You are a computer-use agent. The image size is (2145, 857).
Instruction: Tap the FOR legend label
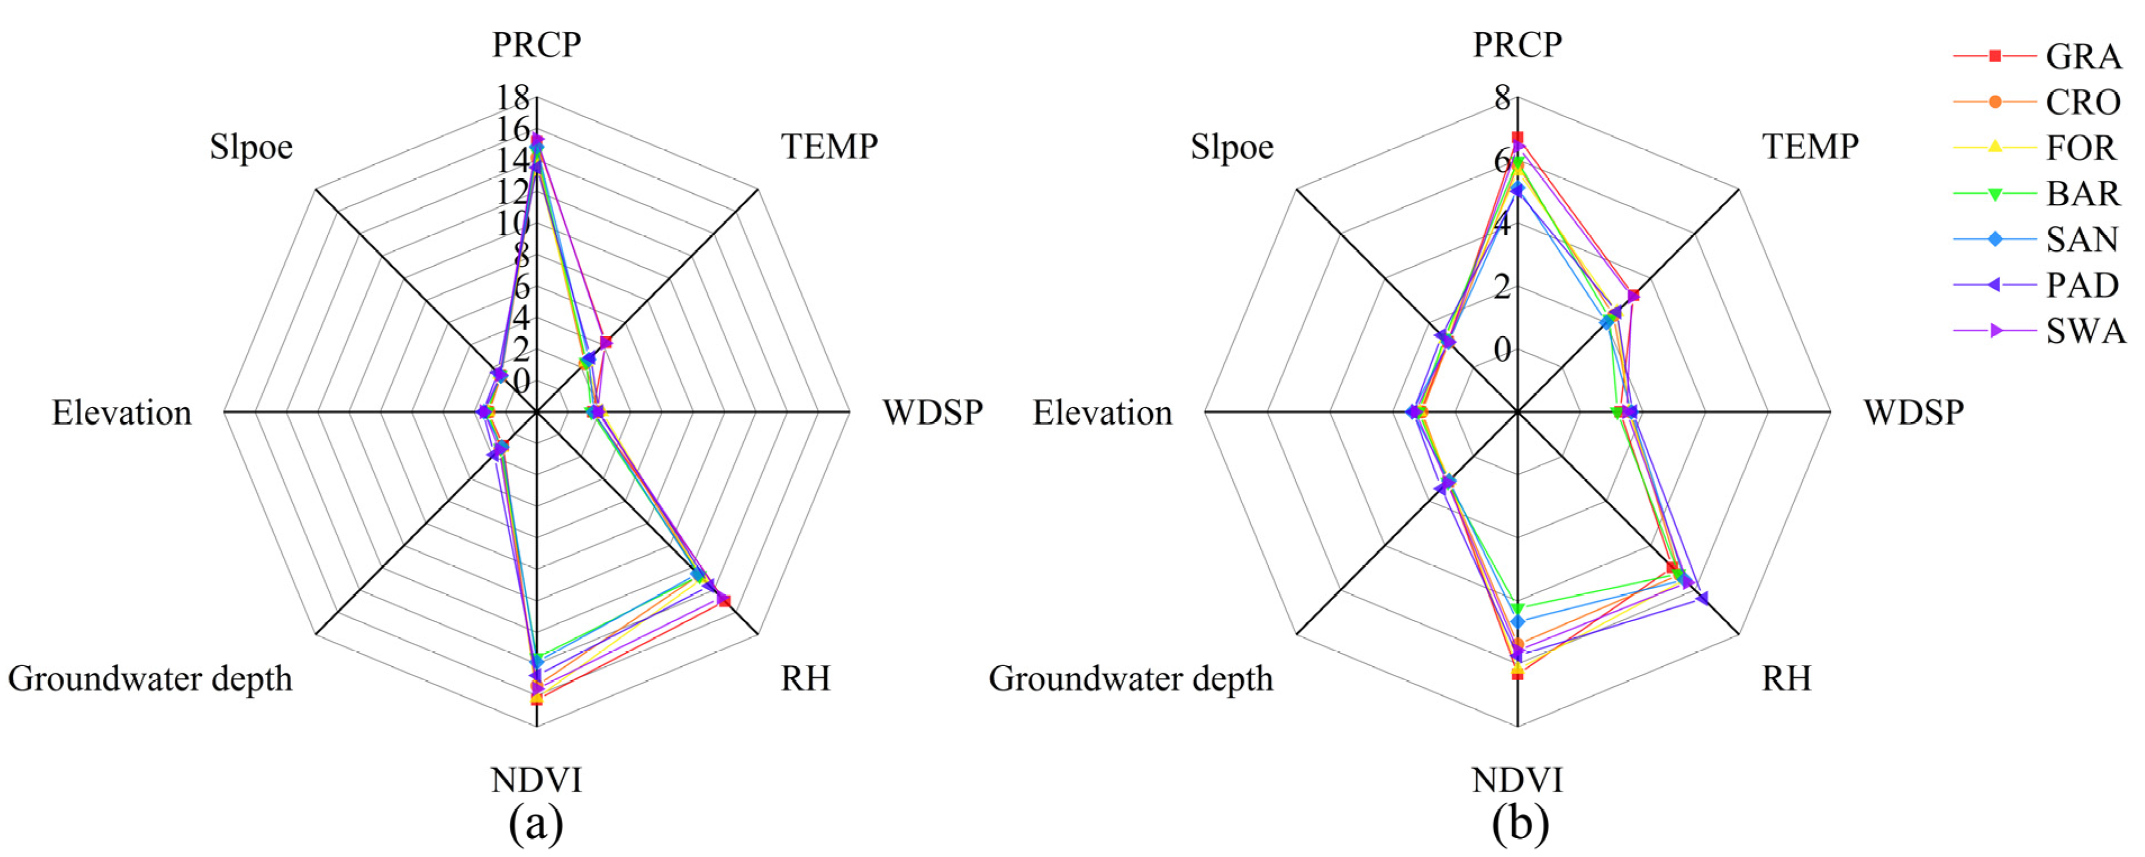[x=2081, y=148]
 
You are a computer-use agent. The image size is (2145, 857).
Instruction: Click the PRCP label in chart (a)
[x=536, y=45]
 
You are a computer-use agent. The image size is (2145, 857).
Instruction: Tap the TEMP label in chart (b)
[x=1809, y=147]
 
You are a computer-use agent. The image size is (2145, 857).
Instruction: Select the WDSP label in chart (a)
[x=933, y=412]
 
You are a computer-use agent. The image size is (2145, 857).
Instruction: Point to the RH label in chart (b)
[x=1786, y=679]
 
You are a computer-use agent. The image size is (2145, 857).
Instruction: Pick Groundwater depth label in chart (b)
[x=1131, y=679]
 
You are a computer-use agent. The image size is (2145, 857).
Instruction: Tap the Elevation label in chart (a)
[x=121, y=413]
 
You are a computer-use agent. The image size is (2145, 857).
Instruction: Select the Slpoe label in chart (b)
[x=1232, y=147]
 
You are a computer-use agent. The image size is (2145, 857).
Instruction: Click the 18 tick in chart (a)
[x=513, y=98]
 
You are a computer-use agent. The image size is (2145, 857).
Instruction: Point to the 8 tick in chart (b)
[x=1501, y=98]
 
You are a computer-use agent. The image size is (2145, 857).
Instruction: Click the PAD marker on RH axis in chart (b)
[x=1702, y=598]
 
